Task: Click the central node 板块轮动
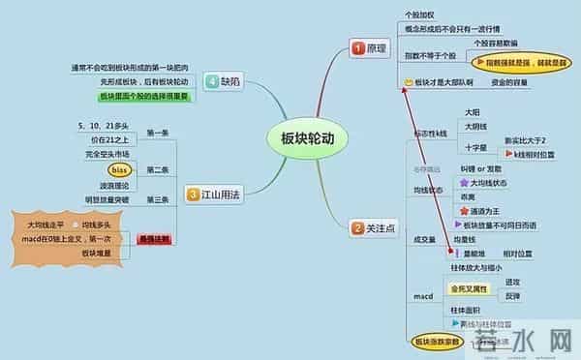click(301, 138)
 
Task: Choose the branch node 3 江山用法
click(213, 195)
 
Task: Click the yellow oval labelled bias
click(112, 170)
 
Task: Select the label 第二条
click(158, 170)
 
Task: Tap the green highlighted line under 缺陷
click(142, 97)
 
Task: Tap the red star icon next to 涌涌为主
click(463, 208)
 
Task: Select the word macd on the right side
click(422, 294)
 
